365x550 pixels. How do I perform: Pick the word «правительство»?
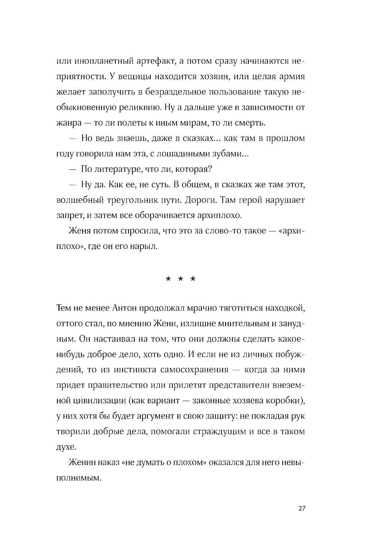115,385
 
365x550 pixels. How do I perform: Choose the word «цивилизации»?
98,401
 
